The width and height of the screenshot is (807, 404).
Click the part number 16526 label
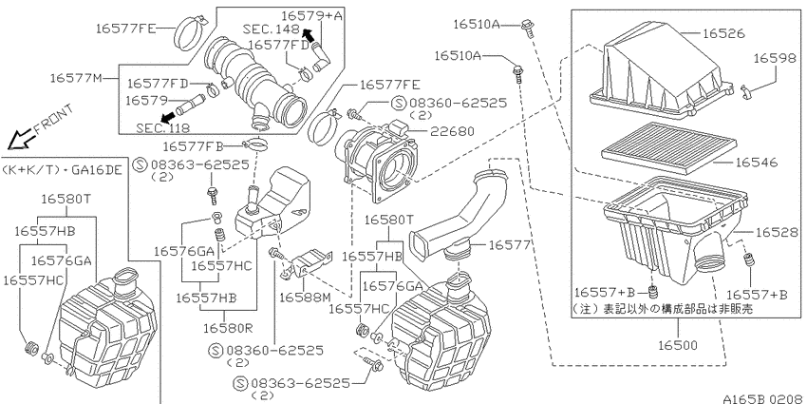coord(723,33)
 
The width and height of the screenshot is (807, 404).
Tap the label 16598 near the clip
coord(775,58)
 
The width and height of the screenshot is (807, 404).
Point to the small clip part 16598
coord(745,90)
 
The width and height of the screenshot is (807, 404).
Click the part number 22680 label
coord(454,131)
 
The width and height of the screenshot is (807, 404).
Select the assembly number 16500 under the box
coord(678,345)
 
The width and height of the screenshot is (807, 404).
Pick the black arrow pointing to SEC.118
coord(168,117)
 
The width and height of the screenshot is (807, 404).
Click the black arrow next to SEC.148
coord(308,34)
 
